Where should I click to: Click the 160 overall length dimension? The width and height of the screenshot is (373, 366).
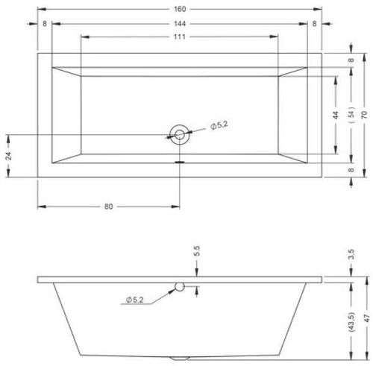[x=180, y=9]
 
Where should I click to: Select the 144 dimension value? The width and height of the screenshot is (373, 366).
[x=180, y=24]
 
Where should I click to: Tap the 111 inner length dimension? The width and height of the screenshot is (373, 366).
[x=180, y=37]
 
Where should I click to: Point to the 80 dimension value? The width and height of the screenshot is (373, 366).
[x=108, y=206]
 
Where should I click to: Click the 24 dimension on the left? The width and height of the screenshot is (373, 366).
[x=8, y=156]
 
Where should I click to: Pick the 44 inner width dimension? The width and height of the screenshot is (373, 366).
[x=336, y=115]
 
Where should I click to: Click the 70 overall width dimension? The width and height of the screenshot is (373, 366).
[x=364, y=115]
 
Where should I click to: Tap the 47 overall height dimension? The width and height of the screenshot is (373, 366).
[x=366, y=318]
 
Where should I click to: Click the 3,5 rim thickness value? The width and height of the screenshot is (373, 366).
[x=351, y=254]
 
